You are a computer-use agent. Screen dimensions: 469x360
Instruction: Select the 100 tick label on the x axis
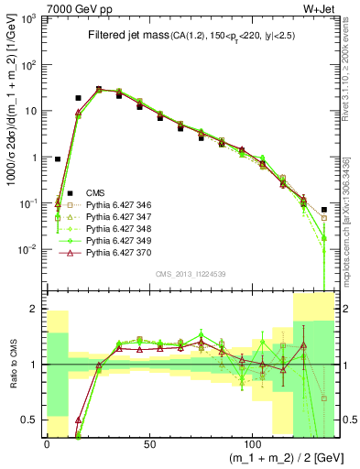[x=241, y=444]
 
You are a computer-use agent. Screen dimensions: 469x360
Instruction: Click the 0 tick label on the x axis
[x=47, y=444]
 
